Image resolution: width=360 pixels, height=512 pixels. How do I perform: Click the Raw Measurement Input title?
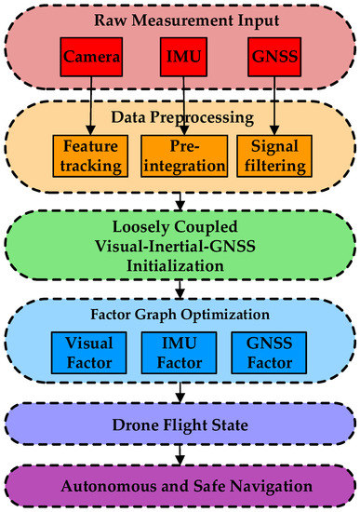pyautogui.click(x=180, y=20)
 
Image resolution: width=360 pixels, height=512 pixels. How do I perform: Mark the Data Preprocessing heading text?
pyautogui.click(x=180, y=118)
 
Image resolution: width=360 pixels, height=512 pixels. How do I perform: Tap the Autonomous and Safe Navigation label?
pyautogui.click(x=180, y=487)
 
